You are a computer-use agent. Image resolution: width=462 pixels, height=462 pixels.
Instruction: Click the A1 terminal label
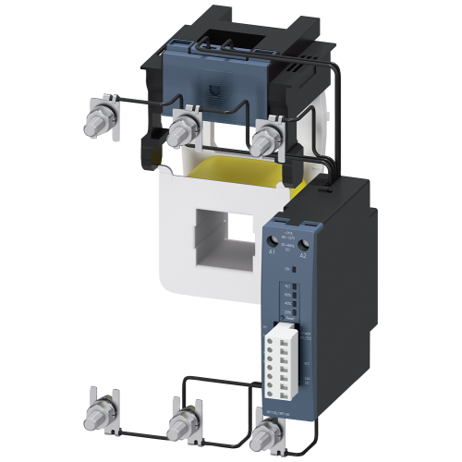click(273, 251)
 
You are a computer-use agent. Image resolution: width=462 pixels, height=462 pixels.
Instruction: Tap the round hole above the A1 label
click(273, 239)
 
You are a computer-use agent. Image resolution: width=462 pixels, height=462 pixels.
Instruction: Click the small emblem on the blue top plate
click(215, 92)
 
